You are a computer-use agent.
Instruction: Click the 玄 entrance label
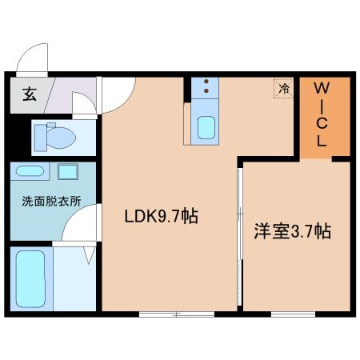click(x=30, y=94)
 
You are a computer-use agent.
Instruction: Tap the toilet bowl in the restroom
click(x=61, y=138)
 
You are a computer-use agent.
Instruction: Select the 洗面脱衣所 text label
click(x=51, y=202)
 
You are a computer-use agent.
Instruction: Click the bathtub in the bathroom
click(x=30, y=278)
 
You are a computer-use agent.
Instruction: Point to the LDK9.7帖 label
click(x=162, y=216)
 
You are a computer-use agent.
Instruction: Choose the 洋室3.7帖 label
click(x=293, y=231)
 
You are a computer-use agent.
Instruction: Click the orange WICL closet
click(x=325, y=117)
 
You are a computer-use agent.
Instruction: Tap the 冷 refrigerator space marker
click(x=284, y=88)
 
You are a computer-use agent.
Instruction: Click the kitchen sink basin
click(x=206, y=127)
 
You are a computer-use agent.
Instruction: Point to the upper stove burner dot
click(x=206, y=82)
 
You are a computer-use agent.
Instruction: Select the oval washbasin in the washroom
click(x=30, y=171)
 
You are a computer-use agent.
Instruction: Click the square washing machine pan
click(x=68, y=172)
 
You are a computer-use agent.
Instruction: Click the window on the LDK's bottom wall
click(x=177, y=314)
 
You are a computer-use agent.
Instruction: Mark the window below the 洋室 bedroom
click(x=293, y=314)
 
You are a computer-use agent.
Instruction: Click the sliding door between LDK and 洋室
click(x=240, y=237)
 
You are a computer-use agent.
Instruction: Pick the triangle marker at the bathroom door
click(x=90, y=255)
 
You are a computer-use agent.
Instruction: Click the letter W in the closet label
click(x=322, y=88)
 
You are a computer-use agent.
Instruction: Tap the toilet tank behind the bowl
click(x=41, y=138)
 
